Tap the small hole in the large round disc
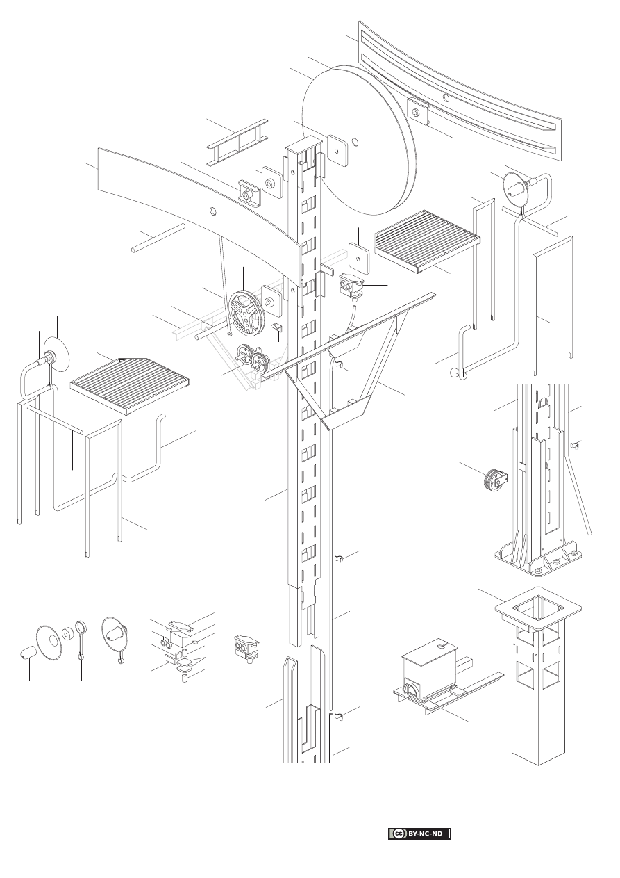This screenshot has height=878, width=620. pos(355,143)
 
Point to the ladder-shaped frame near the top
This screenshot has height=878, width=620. pos(237,143)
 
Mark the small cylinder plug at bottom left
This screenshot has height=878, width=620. pos(27,654)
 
